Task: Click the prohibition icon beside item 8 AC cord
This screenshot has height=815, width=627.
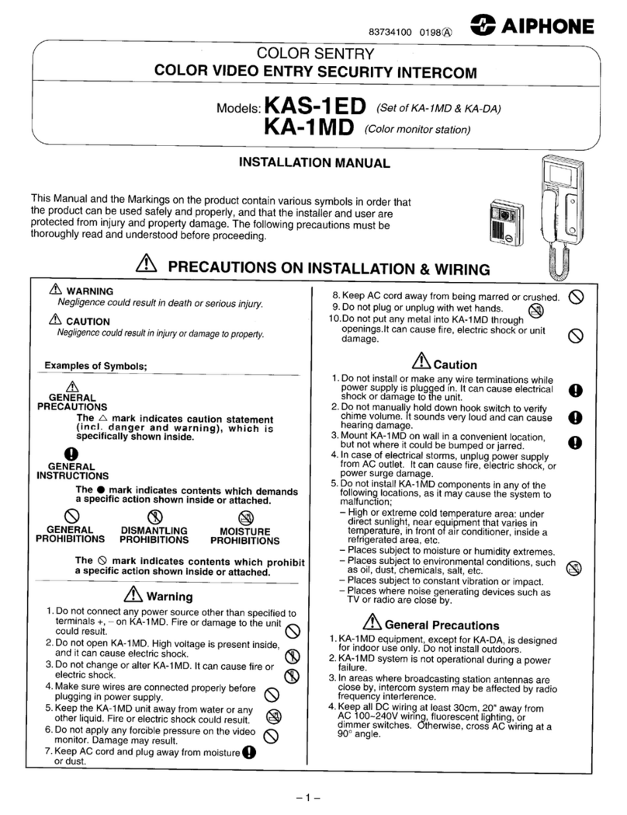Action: (576, 296)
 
